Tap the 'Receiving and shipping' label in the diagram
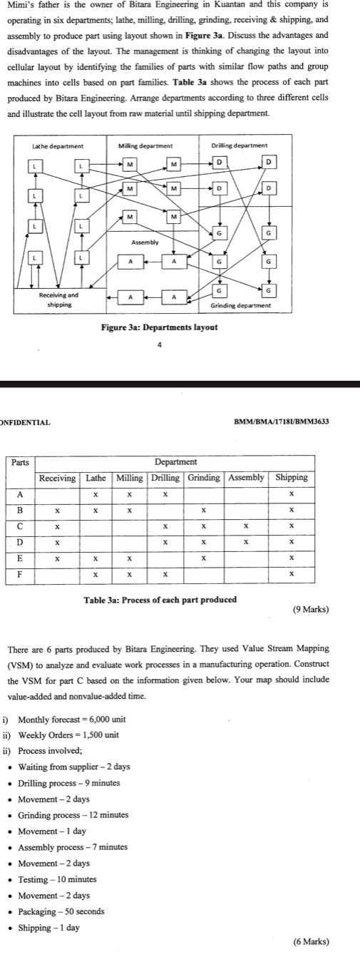pyautogui.click(x=59, y=299)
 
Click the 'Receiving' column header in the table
pyautogui.click(x=58, y=477)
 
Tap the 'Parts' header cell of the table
pyautogui.click(x=21, y=462)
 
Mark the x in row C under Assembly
pyautogui.click(x=245, y=525)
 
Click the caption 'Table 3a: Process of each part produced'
pyautogui.click(x=160, y=599)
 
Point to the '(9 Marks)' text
pyautogui.click(x=311, y=610)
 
